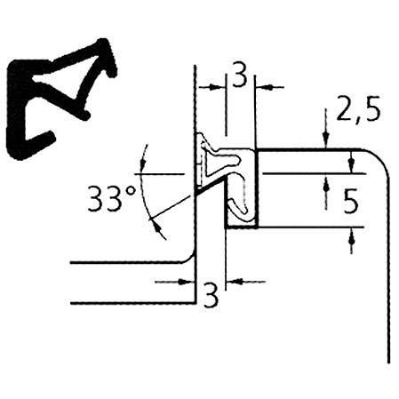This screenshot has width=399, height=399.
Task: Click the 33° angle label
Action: [112, 198]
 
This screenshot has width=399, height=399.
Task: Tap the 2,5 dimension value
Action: [358, 108]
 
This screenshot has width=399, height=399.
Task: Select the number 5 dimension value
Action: [351, 202]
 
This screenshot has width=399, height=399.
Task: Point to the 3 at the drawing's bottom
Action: [211, 296]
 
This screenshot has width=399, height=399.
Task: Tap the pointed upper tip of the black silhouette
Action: [104, 42]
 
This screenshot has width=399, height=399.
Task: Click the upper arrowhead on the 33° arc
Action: [143, 164]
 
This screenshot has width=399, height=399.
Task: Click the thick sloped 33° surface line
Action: [211, 186]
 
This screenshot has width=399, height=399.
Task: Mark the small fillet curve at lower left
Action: [189, 259]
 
